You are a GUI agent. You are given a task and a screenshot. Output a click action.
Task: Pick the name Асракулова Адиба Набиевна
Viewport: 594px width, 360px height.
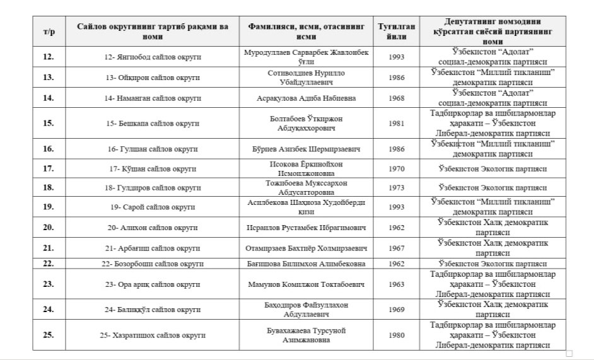coord(306,98)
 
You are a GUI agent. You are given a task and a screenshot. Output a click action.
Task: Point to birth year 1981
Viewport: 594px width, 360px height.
coord(396,124)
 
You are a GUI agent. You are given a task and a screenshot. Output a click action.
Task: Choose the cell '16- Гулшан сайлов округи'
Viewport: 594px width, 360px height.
coord(153,149)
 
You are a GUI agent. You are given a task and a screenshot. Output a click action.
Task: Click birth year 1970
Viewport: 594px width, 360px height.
coord(396,169)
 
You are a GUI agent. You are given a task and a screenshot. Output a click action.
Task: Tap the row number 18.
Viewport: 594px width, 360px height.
coord(49,188)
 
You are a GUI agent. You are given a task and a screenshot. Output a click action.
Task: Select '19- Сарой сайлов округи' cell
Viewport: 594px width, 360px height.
coord(153,207)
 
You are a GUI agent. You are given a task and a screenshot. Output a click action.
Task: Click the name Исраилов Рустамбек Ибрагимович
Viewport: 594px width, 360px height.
coord(306,227)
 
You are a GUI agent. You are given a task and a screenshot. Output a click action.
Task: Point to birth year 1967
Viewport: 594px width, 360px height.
coord(396,248)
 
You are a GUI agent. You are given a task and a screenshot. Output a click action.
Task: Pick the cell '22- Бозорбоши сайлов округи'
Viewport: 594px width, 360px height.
coord(153,264)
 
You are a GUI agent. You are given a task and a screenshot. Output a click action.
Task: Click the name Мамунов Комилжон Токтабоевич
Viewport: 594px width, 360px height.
coord(306,284)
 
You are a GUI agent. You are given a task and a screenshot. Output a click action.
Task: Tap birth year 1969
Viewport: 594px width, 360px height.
coord(396,310)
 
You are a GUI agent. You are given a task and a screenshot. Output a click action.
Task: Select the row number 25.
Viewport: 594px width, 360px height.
coord(49,335)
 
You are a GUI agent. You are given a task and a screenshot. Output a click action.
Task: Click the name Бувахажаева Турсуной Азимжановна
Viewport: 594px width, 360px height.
coord(306,335)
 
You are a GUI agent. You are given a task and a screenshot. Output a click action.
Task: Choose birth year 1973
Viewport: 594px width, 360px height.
coord(396,188)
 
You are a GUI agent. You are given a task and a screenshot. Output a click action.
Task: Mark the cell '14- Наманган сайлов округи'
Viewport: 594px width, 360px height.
coord(153,98)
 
